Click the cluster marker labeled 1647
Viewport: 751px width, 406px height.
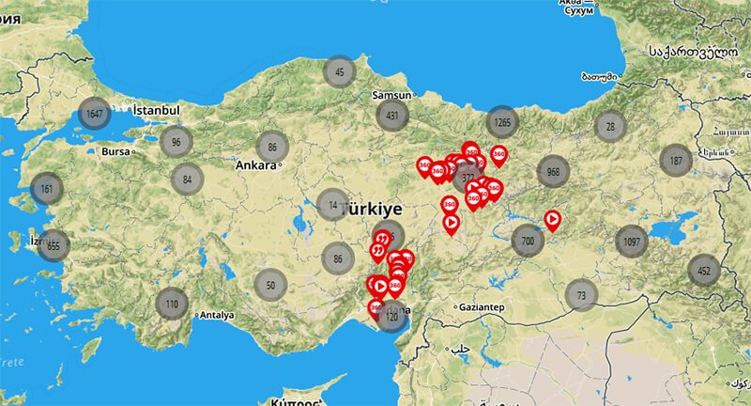pos(93,114)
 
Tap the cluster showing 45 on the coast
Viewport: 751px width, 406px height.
pos(339,71)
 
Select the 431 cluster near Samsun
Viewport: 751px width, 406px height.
pos(391,116)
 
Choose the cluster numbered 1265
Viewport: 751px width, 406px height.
pos(502,121)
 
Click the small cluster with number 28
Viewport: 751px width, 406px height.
pos(611,126)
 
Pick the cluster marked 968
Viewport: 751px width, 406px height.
pos(553,172)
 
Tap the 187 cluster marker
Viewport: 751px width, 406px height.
pos(675,161)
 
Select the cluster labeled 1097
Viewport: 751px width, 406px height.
pos(631,242)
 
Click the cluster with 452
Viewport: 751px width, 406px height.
pos(704,271)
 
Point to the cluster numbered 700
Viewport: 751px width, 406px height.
pos(528,242)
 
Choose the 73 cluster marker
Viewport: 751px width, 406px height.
pos(581,294)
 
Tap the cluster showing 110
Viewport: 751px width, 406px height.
pos(171,304)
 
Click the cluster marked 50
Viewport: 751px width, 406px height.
pos(270,283)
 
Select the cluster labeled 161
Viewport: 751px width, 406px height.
pos(46,189)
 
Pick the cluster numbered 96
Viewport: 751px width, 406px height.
pos(176,142)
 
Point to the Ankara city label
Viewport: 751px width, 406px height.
pos(255,165)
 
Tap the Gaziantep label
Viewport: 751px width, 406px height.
pos(482,307)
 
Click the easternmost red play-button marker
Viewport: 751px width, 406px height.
pos(553,220)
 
